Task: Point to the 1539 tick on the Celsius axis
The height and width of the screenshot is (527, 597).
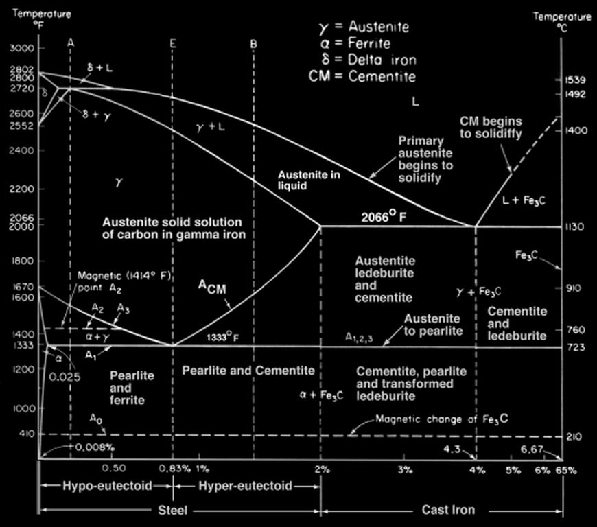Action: (576, 80)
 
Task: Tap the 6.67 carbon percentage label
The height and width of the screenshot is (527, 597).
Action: (532, 449)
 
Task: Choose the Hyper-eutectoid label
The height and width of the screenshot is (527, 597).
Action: (246, 486)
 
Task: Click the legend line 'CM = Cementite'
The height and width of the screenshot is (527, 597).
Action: (363, 75)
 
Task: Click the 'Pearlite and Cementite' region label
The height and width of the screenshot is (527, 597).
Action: (248, 371)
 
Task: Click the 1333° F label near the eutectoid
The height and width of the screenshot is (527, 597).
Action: (222, 338)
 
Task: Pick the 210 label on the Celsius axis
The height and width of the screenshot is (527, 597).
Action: (576, 436)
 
